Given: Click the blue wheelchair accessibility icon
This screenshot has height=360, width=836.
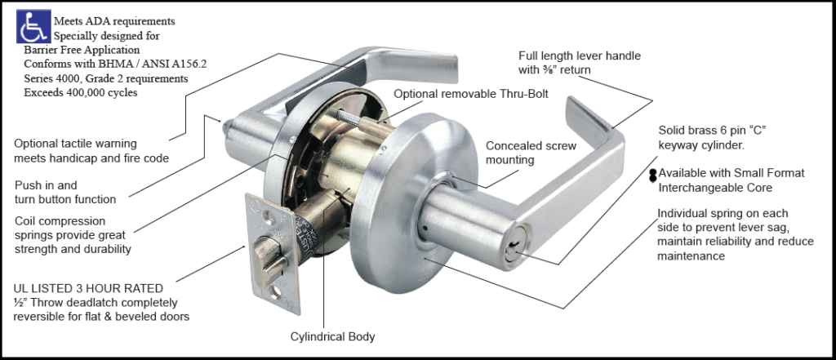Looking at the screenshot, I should (x=33, y=27).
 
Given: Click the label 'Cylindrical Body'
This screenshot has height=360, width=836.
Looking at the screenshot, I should (x=333, y=336).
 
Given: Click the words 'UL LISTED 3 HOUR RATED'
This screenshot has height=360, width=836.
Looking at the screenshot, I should (x=88, y=288).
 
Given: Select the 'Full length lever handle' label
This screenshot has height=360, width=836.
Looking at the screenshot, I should (x=580, y=56).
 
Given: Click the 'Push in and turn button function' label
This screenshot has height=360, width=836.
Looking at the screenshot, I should (x=65, y=192).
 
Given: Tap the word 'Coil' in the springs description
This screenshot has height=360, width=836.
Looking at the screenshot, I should (x=26, y=220).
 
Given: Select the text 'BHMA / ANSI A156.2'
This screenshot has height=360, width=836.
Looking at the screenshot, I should (x=140, y=64).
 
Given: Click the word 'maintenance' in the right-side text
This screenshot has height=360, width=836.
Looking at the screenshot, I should (x=691, y=256).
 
